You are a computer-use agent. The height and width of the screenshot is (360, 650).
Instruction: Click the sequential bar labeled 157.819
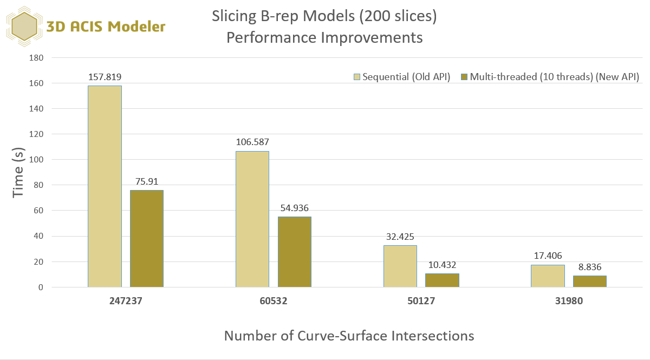[105, 186]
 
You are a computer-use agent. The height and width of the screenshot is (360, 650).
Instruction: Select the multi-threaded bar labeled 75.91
[147, 238]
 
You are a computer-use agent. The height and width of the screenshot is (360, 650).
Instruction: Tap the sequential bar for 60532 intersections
[252, 219]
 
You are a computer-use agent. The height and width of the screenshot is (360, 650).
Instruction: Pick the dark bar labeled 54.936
[295, 252]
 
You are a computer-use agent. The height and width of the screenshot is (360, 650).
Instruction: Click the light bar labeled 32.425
[400, 266]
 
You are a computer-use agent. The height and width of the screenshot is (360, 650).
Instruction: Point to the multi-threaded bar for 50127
[442, 280]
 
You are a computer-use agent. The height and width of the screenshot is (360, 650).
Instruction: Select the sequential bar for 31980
[548, 276]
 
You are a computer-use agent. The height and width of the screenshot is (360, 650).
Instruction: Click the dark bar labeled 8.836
[590, 281]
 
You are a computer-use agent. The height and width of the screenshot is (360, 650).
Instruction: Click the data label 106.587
[252, 142]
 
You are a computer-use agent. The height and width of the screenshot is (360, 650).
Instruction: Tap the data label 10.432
[442, 265]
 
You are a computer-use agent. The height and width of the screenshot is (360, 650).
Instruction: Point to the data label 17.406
[548, 256]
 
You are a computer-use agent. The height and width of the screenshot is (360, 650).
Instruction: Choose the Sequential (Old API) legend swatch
[356, 77]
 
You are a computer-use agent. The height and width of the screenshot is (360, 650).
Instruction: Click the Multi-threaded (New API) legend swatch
[464, 77]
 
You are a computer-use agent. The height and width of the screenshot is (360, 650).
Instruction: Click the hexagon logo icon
[24, 27]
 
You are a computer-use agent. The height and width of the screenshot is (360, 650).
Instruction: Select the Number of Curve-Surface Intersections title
[349, 336]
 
